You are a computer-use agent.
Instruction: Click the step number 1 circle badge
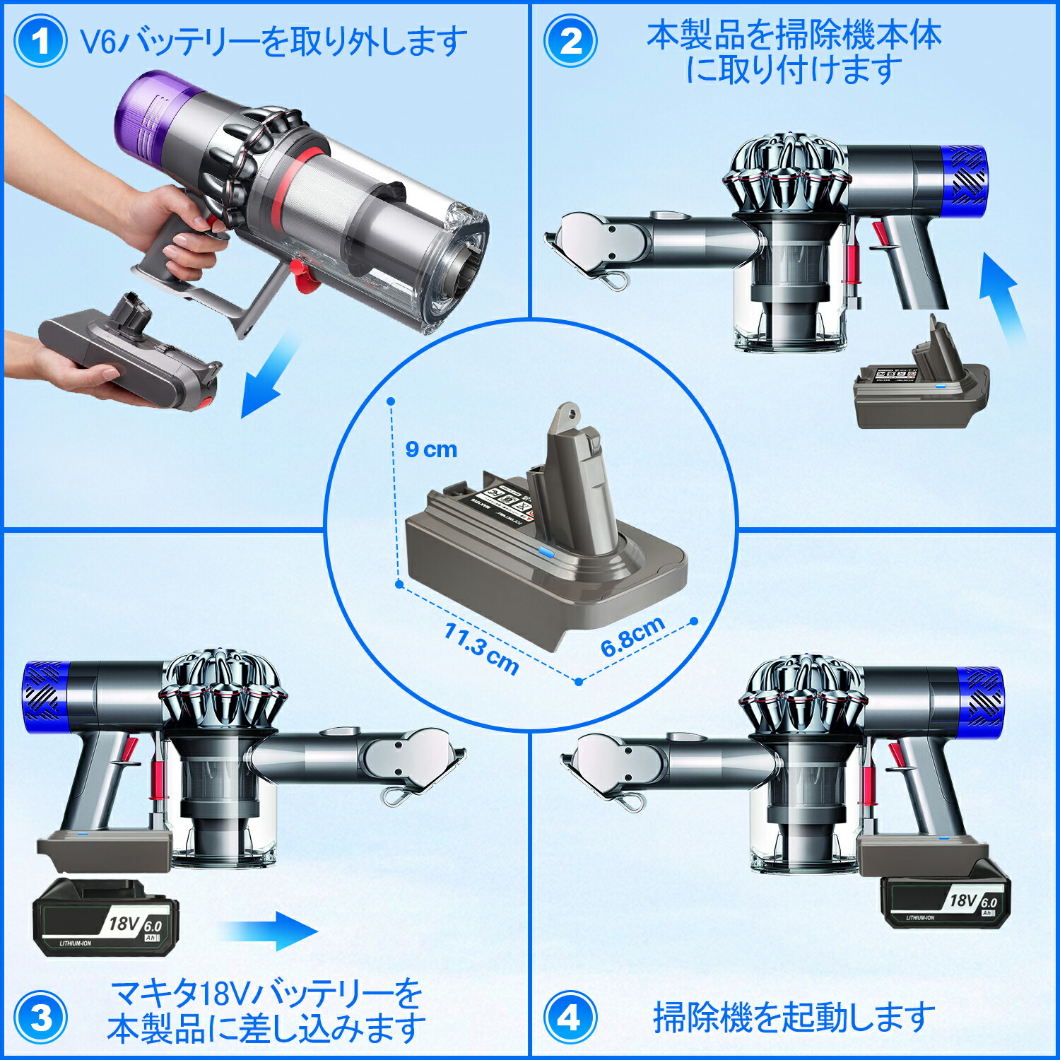tap(40, 41)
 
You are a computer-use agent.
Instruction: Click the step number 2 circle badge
tap(570, 41)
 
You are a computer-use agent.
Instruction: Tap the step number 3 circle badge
tap(40, 1018)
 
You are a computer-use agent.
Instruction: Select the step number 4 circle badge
tap(570, 1018)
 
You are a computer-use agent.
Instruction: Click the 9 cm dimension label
tap(431, 449)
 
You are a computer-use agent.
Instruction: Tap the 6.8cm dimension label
tap(632, 635)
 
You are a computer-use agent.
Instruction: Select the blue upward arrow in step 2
tap(1002, 297)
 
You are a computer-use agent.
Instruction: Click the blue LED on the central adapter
tap(546, 554)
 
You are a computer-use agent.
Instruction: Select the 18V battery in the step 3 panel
tap(106, 919)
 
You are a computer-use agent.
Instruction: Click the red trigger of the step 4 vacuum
tap(896, 756)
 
